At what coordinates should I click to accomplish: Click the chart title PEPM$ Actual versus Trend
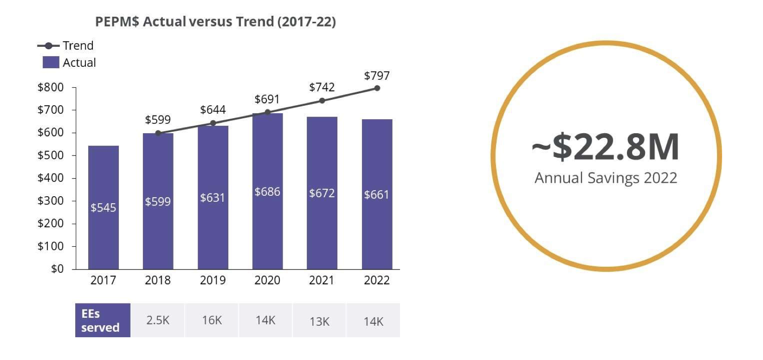click(x=215, y=22)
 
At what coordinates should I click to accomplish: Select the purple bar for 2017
click(x=103, y=207)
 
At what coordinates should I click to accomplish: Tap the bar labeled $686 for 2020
click(x=267, y=191)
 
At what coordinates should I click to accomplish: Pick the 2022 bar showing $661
click(x=377, y=194)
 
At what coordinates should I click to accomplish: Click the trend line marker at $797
click(x=377, y=88)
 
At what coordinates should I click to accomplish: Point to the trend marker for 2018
click(x=158, y=133)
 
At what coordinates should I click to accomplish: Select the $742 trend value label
click(x=322, y=87)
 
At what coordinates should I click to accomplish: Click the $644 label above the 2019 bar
click(x=213, y=110)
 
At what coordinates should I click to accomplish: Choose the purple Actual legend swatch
click(x=51, y=62)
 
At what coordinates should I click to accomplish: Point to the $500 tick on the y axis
click(x=51, y=155)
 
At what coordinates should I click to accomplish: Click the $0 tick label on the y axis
click(x=57, y=269)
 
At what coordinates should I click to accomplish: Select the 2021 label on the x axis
click(x=322, y=280)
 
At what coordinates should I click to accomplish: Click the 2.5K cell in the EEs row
click(x=158, y=321)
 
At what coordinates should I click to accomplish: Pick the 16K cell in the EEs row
click(x=212, y=321)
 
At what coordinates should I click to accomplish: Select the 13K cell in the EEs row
click(x=319, y=321)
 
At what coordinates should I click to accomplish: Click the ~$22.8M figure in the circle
click(x=605, y=147)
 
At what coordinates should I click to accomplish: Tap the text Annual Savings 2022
click(x=606, y=178)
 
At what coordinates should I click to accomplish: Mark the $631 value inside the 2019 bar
click(x=213, y=198)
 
